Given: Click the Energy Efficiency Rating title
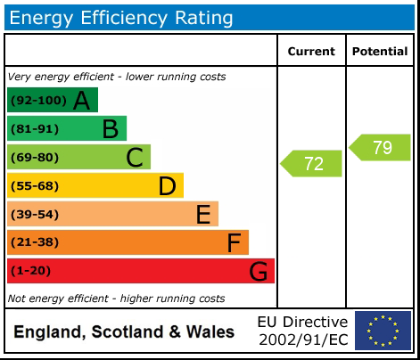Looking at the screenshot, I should click(121, 17).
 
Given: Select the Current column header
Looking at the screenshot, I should click(311, 52).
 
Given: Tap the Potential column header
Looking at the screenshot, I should click(380, 52).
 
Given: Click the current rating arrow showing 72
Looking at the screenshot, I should click(312, 164).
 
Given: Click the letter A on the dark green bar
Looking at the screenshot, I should click(81, 101).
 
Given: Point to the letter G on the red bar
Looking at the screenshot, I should click(258, 271).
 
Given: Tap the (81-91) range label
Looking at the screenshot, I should click(35, 129).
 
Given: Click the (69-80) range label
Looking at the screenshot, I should click(35, 158).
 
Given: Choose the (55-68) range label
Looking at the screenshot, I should click(35, 186).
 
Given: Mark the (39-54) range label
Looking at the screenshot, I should click(35, 215).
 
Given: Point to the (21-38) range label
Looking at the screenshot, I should click(35, 242).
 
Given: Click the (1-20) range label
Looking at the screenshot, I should click(31, 271).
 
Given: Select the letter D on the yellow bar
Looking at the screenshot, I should click(167, 186).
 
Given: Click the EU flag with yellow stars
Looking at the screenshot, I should click(383, 331).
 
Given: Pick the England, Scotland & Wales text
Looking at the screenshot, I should click(124, 332).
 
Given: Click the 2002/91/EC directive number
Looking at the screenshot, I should click(302, 340).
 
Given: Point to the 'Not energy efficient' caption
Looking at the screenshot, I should click(116, 299).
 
